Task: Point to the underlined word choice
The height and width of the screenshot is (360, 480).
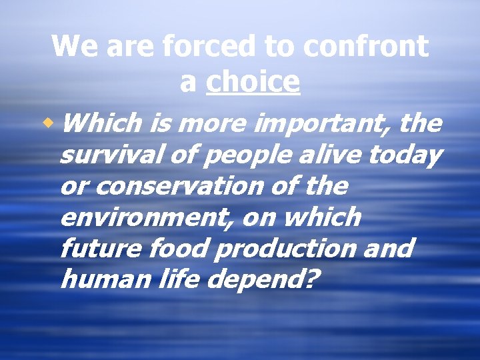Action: point(253,82)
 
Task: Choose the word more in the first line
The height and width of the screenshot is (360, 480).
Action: point(218,123)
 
